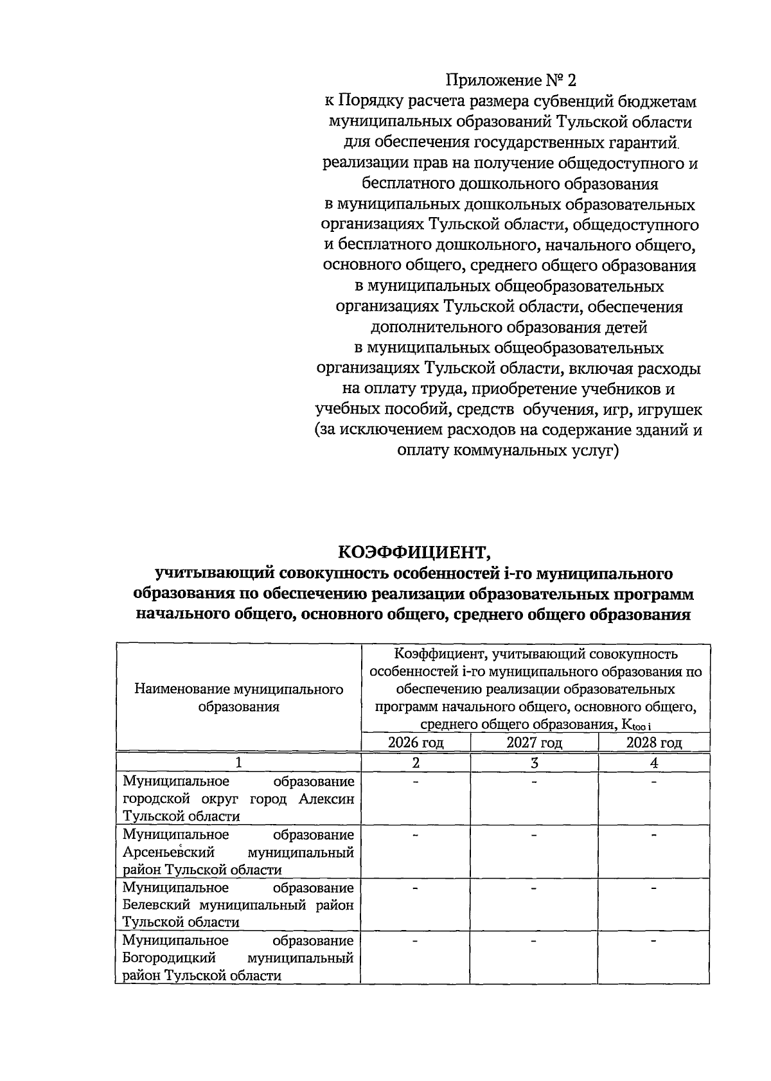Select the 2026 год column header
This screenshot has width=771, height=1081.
click(x=416, y=743)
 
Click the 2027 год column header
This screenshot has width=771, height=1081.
click(x=534, y=743)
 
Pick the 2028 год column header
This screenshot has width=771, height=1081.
click(x=653, y=743)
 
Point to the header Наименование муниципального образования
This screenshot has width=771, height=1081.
click(x=238, y=698)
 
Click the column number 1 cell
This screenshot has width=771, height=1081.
click(x=238, y=762)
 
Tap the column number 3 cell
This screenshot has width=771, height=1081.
click(x=534, y=762)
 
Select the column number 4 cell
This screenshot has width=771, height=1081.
click(x=653, y=762)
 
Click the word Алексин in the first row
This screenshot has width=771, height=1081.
click(x=326, y=799)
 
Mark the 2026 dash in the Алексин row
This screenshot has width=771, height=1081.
click(x=416, y=782)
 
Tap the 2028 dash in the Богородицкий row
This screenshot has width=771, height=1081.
click(x=653, y=941)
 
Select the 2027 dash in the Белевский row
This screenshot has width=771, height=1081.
click(x=534, y=888)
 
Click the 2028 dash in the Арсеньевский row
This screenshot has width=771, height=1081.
click(x=653, y=835)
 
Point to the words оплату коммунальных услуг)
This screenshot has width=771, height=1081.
click(x=508, y=451)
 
